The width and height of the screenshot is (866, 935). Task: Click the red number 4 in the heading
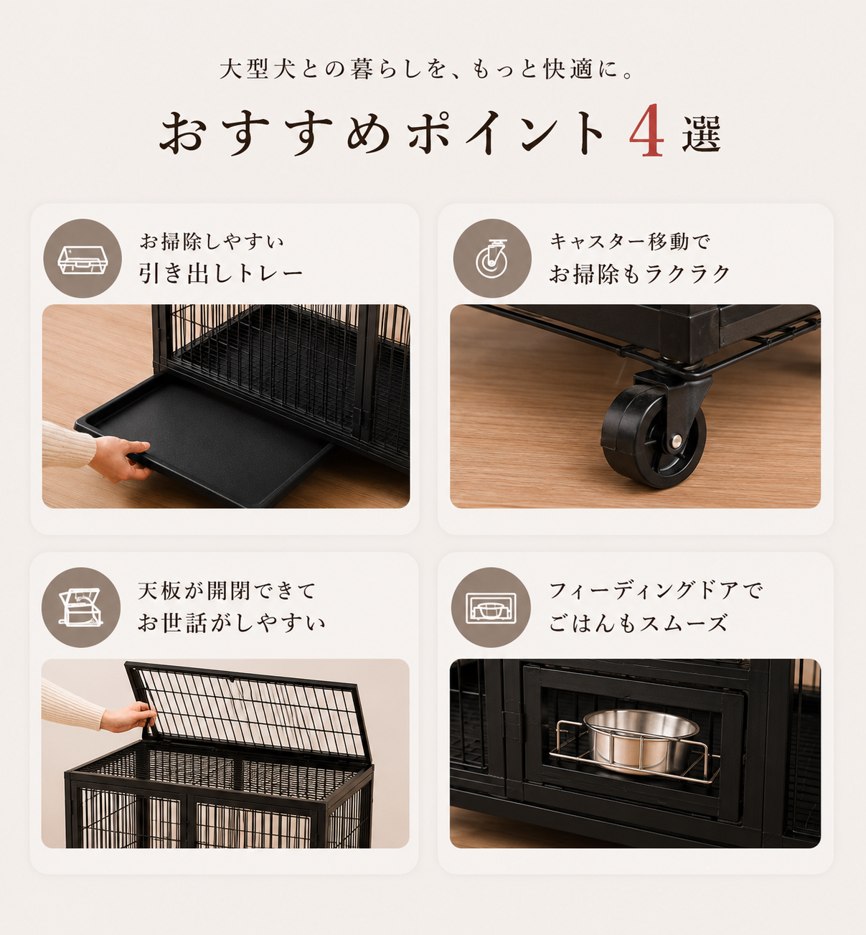click(x=646, y=131)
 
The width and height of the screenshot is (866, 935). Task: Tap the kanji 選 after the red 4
click(x=701, y=133)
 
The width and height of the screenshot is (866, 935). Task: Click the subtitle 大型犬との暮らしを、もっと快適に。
click(x=427, y=69)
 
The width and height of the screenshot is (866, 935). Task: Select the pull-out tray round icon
click(x=83, y=258)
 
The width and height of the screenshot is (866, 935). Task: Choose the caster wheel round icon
click(x=492, y=258)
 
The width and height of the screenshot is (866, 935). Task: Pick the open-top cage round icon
click(x=81, y=607)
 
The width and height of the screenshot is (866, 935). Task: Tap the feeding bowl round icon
click(x=491, y=607)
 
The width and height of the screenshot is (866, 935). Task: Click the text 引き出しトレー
click(x=221, y=273)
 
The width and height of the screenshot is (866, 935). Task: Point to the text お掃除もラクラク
click(x=639, y=273)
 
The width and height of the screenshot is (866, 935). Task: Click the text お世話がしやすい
click(x=231, y=623)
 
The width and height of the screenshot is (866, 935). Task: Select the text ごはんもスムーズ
click(x=638, y=623)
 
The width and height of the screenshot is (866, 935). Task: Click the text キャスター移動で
click(x=630, y=242)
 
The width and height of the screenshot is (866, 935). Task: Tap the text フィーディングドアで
click(x=655, y=591)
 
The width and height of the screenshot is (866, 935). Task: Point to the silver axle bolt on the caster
click(x=676, y=441)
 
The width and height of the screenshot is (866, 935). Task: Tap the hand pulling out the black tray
click(x=120, y=458)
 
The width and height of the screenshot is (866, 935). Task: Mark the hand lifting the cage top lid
click(x=128, y=717)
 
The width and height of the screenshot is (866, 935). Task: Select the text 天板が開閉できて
click(x=227, y=591)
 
